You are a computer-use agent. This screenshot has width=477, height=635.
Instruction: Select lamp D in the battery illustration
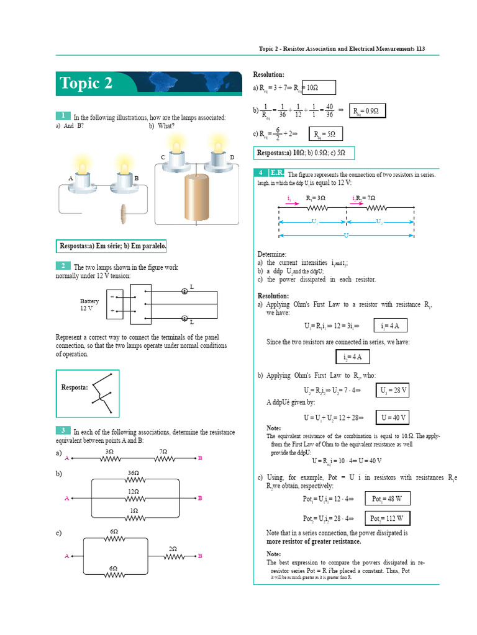pyautogui.click(x=218, y=155)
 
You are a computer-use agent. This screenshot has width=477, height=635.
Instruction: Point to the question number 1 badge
pyautogui.click(x=63, y=116)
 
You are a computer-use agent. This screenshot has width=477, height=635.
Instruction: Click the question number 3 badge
pyautogui.click(x=63, y=430)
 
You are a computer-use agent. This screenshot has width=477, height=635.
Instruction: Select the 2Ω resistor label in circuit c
pyautogui.click(x=173, y=549)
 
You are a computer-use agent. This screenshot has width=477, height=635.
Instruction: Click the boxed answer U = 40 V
pyautogui.click(x=394, y=417)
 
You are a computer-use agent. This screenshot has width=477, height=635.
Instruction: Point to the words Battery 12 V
pyautogui.click(x=89, y=304)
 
